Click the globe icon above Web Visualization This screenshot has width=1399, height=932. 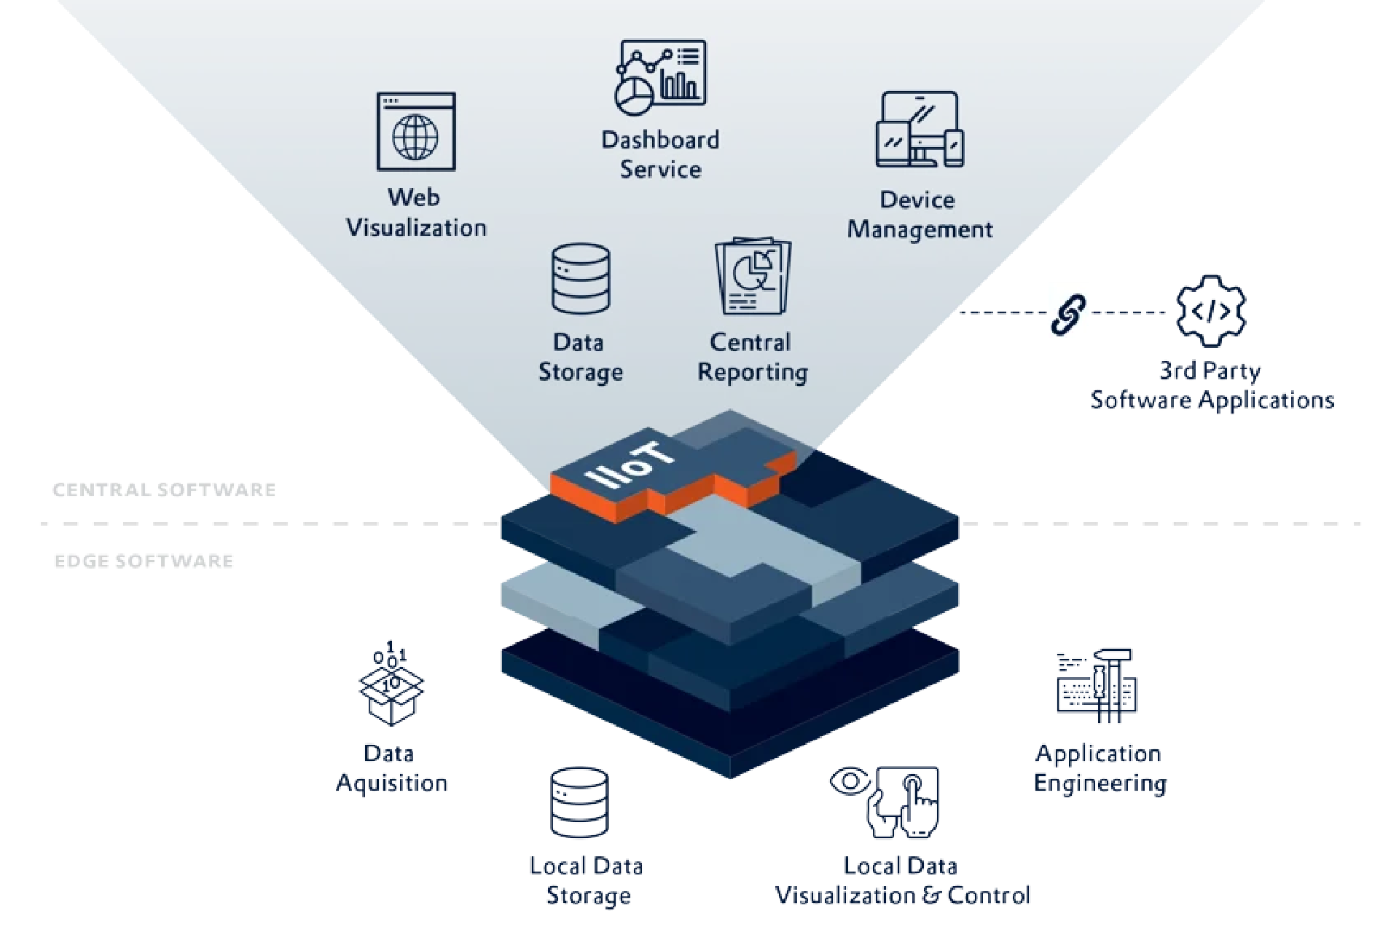point(416,132)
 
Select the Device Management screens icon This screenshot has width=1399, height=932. point(920,130)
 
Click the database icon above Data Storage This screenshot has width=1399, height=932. point(581,279)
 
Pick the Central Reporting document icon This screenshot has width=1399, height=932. point(753,276)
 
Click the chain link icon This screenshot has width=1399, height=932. point(1068,315)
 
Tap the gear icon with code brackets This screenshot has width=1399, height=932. point(1211,311)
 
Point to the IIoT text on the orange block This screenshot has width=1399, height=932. point(631,464)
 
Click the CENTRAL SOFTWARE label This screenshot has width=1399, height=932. point(165,489)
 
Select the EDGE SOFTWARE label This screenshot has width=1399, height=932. point(144,561)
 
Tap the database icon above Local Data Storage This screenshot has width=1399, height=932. point(579,802)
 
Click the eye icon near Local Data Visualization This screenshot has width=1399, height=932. point(850,782)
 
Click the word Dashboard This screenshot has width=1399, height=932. point(660,139)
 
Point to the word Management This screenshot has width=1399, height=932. point(920,230)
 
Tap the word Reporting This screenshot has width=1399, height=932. point(753,373)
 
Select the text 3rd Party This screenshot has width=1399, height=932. point(1210,371)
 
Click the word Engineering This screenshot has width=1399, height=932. point(1100,783)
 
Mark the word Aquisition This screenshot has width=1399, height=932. point(392,783)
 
